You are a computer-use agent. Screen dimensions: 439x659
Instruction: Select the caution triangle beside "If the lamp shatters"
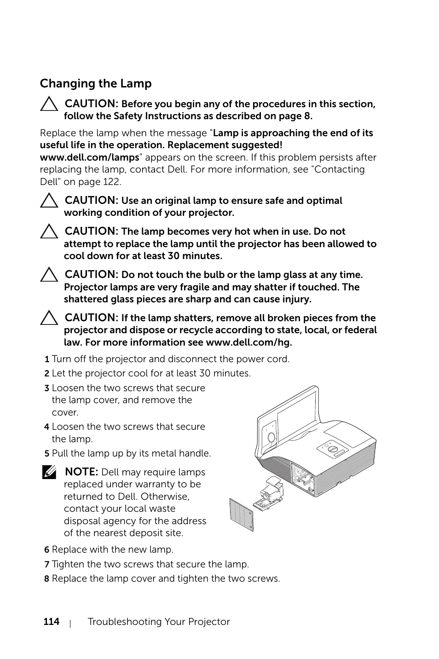coord(49,318)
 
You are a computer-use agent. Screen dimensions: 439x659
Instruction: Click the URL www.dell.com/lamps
coord(89,157)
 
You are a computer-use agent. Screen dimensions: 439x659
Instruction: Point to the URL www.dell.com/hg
coord(248,342)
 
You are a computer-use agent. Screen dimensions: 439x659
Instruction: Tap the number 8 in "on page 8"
coord(307,116)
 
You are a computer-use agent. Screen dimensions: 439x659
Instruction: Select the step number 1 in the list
coord(47,359)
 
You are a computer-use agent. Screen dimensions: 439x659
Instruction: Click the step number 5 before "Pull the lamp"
coord(47,453)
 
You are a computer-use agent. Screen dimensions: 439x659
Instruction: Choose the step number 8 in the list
coord(47,578)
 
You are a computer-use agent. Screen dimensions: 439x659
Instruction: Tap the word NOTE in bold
coord(81,472)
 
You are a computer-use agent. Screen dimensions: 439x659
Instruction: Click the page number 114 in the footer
coord(52,622)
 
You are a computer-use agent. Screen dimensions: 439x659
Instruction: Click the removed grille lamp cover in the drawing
coord(241,515)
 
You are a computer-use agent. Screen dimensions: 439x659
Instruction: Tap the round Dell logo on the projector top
coord(333,449)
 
